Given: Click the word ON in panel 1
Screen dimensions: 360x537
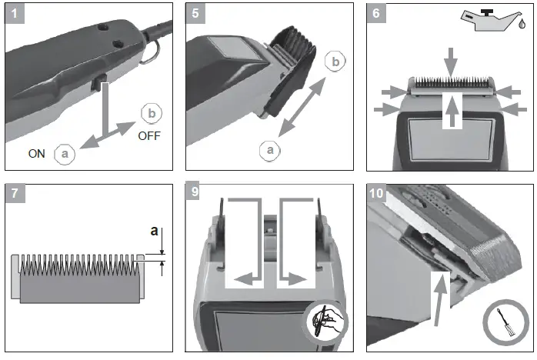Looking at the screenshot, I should click(x=37, y=153).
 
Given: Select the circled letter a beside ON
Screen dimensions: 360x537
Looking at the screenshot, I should click(x=65, y=153).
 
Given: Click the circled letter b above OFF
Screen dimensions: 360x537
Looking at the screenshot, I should click(x=151, y=114).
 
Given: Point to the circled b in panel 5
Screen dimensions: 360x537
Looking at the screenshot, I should click(x=332, y=62).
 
